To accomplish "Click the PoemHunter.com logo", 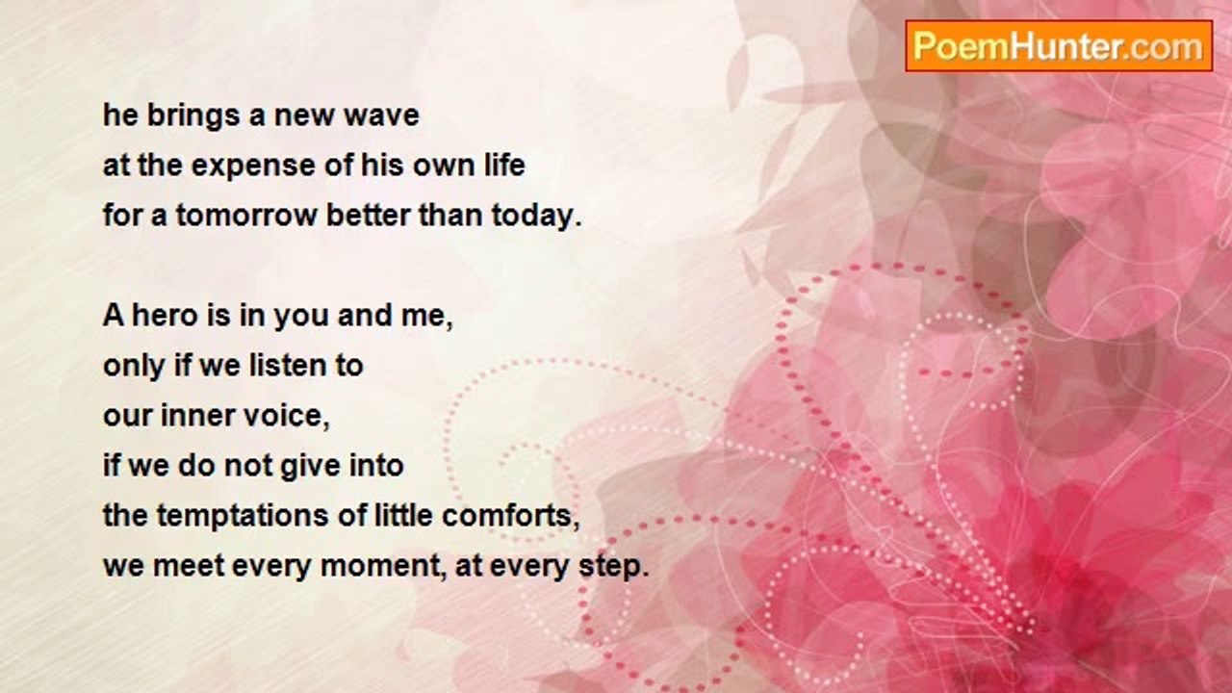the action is click(x=1059, y=46).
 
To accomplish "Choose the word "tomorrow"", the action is click(x=246, y=215).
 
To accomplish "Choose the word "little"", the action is click(x=403, y=515).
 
